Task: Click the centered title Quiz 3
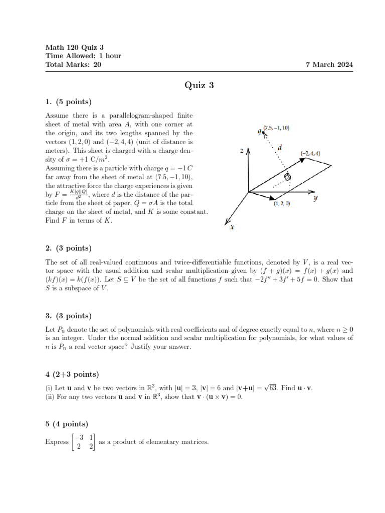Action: point(199,85)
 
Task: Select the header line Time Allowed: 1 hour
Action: point(83,56)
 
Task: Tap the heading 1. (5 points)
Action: point(68,102)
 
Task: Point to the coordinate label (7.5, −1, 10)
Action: point(276,128)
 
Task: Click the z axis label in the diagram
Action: point(242,150)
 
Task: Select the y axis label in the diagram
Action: point(316,198)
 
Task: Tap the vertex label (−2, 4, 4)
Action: point(310,153)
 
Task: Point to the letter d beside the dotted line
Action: point(280,148)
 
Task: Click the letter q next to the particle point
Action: point(259,131)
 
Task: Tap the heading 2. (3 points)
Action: point(68,248)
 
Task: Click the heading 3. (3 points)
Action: point(68,316)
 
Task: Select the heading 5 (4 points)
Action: point(67,424)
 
